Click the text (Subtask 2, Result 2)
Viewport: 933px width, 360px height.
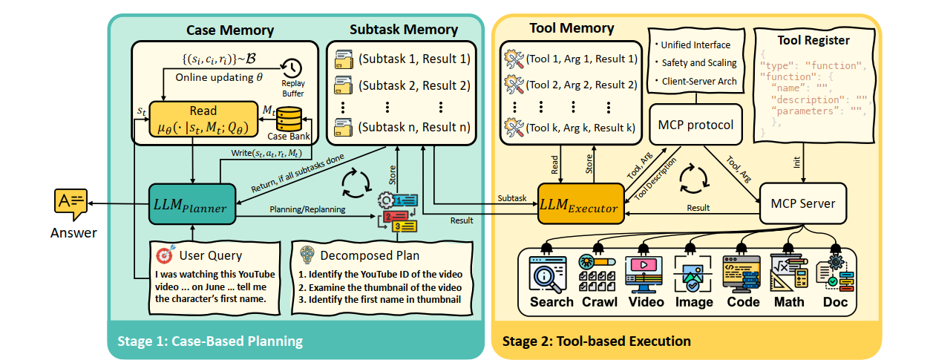click(413, 85)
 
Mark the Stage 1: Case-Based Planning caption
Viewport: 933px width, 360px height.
click(210, 341)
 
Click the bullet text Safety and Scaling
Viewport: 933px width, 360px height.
click(698, 63)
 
